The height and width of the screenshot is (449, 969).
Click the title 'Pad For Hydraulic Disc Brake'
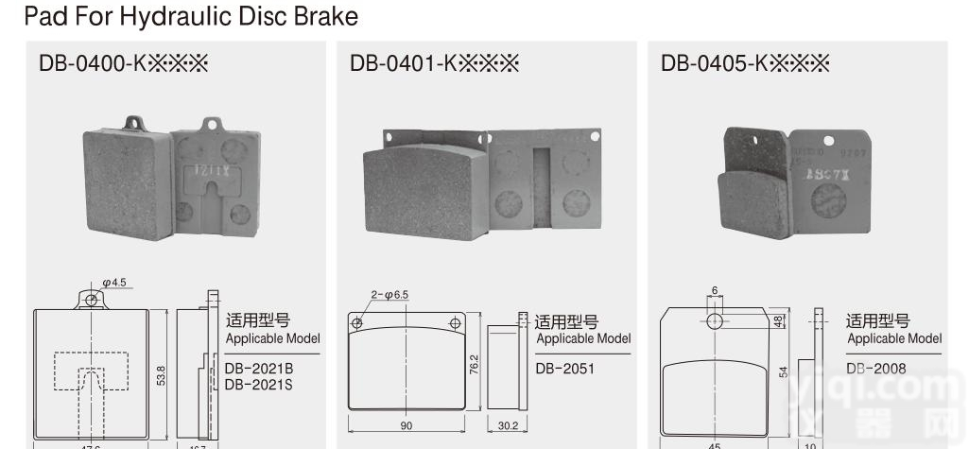click(191, 16)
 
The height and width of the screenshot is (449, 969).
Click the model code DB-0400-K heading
click(123, 63)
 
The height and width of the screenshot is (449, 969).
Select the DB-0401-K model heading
click(435, 63)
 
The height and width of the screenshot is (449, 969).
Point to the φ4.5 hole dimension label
click(115, 282)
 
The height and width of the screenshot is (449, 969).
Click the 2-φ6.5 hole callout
click(389, 295)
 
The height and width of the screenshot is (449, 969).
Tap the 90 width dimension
click(407, 426)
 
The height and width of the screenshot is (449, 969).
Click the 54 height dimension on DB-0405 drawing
click(784, 371)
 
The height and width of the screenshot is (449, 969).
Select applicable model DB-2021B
click(259, 368)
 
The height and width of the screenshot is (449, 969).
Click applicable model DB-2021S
click(259, 384)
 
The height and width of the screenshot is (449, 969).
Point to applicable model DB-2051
click(564, 368)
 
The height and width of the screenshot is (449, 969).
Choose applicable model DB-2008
click(875, 368)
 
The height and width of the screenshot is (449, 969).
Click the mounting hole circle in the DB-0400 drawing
click(92, 299)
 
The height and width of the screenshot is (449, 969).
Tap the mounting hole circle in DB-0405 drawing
click(716, 321)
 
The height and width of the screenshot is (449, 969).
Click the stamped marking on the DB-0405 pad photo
click(822, 175)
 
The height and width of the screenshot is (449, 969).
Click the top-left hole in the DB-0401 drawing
click(357, 322)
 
